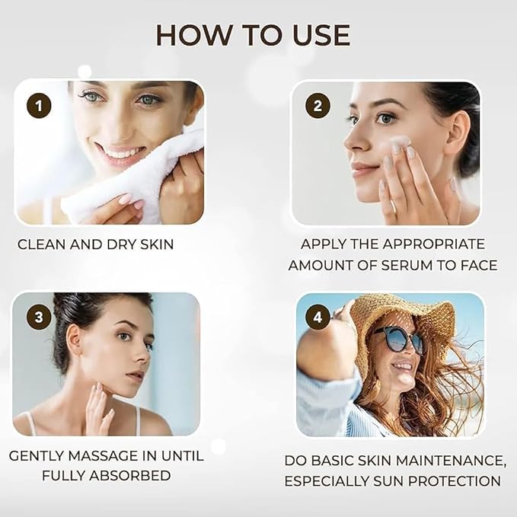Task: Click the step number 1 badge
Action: (x=39, y=105)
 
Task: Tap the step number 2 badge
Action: (x=318, y=105)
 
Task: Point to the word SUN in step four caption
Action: (x=395, y=481)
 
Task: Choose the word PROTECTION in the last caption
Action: (x=460, y=481)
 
